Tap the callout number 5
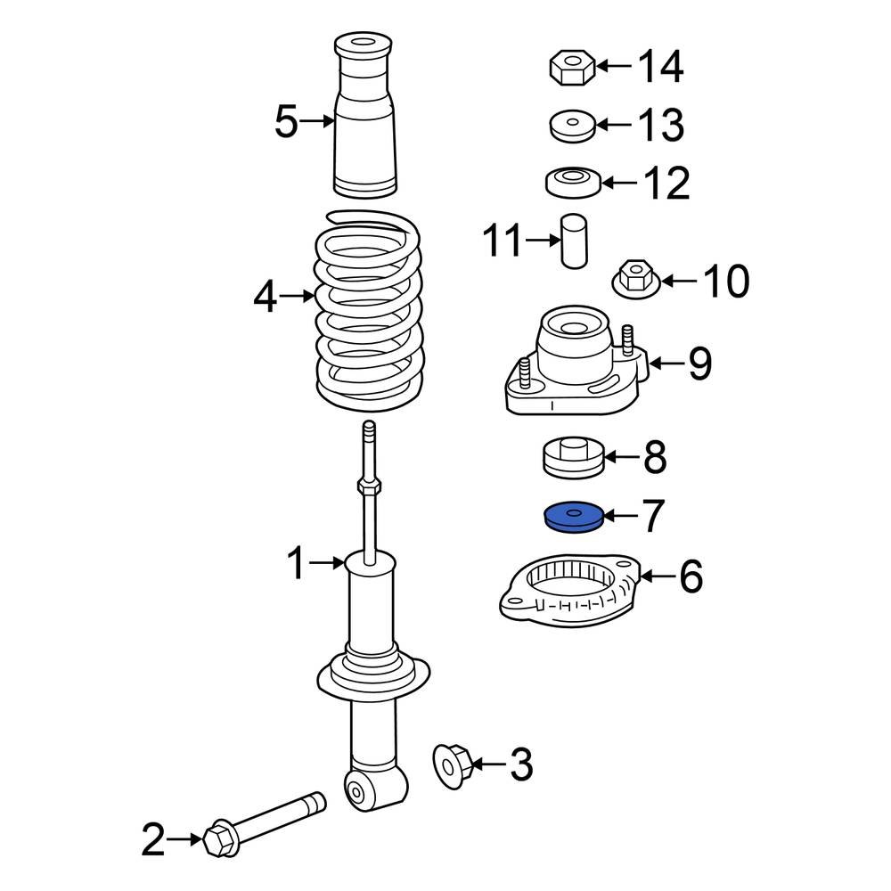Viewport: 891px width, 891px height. pyautogui.click(x=285, y=122)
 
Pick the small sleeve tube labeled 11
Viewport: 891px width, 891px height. pyautogui.click(x=574, y=240)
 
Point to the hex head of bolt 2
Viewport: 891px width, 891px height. pyautogui.click(x=218, y=838)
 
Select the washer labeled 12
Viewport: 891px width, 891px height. pyautogui.click(x=570, y=182)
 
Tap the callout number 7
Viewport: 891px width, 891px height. pyautogui.click(x=653, y=516)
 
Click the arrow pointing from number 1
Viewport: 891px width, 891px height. pyautogui.click(x=330, y=562)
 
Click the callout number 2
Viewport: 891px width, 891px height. pyautogui.click(x=153, y=839)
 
